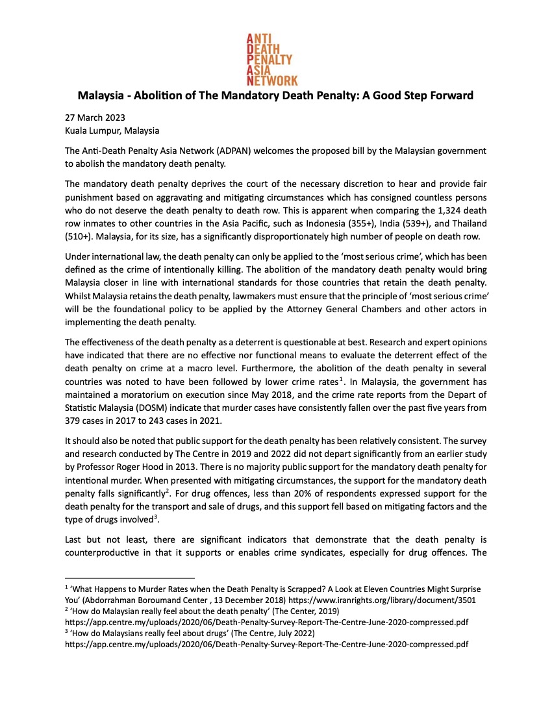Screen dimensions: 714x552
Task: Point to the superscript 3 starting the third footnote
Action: [67, 631]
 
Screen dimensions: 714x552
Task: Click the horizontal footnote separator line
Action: [130, 578]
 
